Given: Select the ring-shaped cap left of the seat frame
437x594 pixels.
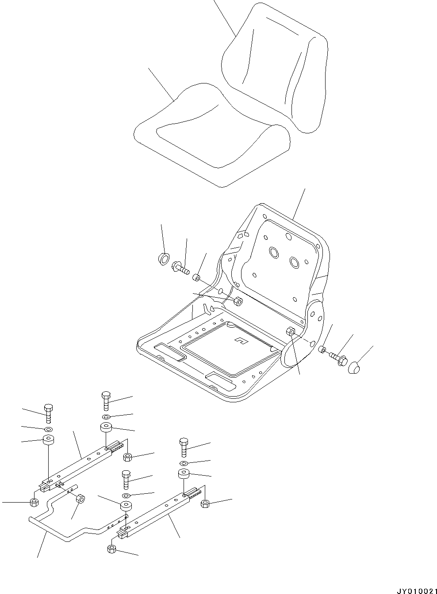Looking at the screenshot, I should point(164,259).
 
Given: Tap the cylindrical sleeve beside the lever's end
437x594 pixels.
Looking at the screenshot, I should point(81,499).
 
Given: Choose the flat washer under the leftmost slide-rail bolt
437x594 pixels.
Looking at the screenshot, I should point(48,429).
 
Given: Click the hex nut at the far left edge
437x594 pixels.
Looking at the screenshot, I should point(33,502).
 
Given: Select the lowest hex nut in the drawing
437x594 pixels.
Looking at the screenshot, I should point(111,549).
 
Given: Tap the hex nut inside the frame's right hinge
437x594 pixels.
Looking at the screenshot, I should point(291,332).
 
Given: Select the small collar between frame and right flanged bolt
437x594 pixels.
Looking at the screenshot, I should point(322,350).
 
